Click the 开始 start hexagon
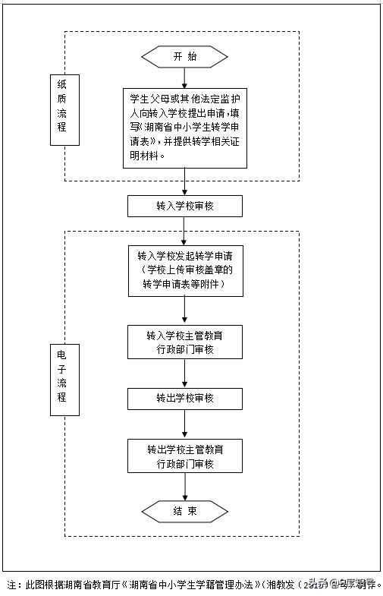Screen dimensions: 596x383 [184, 57]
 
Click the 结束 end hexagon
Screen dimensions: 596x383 [184, 512]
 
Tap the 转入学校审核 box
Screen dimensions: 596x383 [185, 206]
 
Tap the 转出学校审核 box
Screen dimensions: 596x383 [185, 398]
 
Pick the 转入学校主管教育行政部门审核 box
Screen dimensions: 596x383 [185, 342]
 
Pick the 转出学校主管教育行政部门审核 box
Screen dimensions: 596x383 [185, 456]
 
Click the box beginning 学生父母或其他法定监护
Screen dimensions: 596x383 [185, 126]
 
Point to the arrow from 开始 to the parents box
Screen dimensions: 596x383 [185, 77]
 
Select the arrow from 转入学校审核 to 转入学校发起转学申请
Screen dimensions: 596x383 [185, 230]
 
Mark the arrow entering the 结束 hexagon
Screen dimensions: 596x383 [185, 488]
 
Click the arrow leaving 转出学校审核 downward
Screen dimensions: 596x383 [185, 423]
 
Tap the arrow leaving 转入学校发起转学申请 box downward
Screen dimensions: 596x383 [185, 310]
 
